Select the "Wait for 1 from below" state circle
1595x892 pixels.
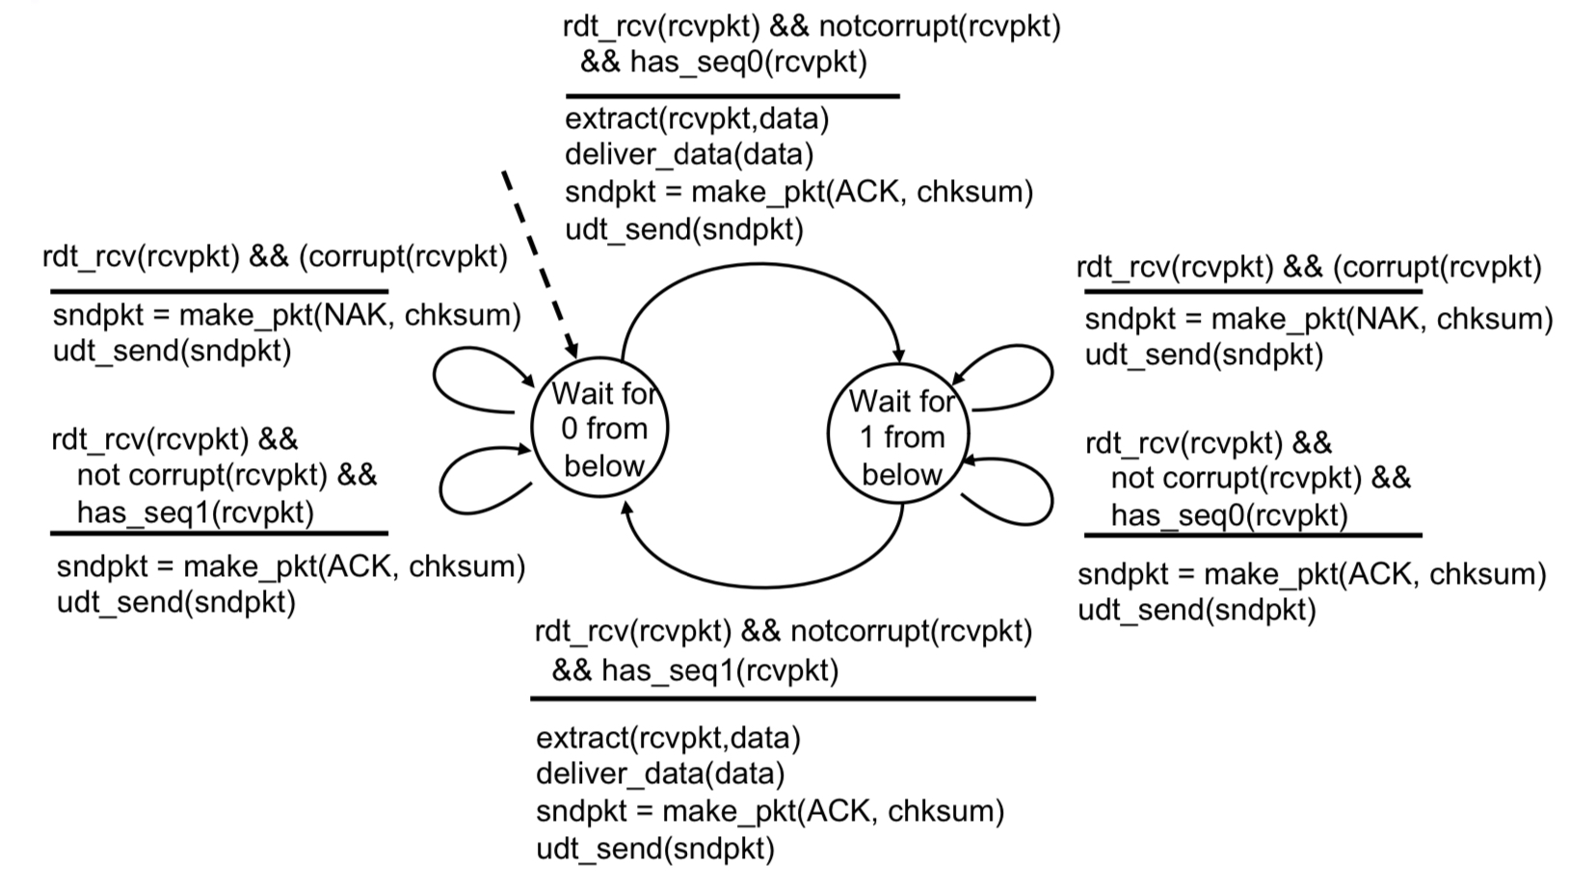click(x=900, y=436)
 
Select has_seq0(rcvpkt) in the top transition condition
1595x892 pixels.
click(x=748, y=63)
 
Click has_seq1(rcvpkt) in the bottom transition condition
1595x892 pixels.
click(x=719, y=670)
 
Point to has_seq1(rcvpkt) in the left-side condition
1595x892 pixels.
click(x=196, y=512)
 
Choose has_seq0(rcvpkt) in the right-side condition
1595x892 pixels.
click(x=1229, y=515)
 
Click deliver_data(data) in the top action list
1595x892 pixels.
click(x=689, y=154)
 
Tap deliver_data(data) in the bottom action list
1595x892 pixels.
click(x=660, y=774)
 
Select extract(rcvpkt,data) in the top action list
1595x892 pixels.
click(x=697, y=118)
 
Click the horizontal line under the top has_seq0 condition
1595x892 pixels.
click(x=732, y=96)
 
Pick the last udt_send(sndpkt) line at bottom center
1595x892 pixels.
click(x=655, y=848)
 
